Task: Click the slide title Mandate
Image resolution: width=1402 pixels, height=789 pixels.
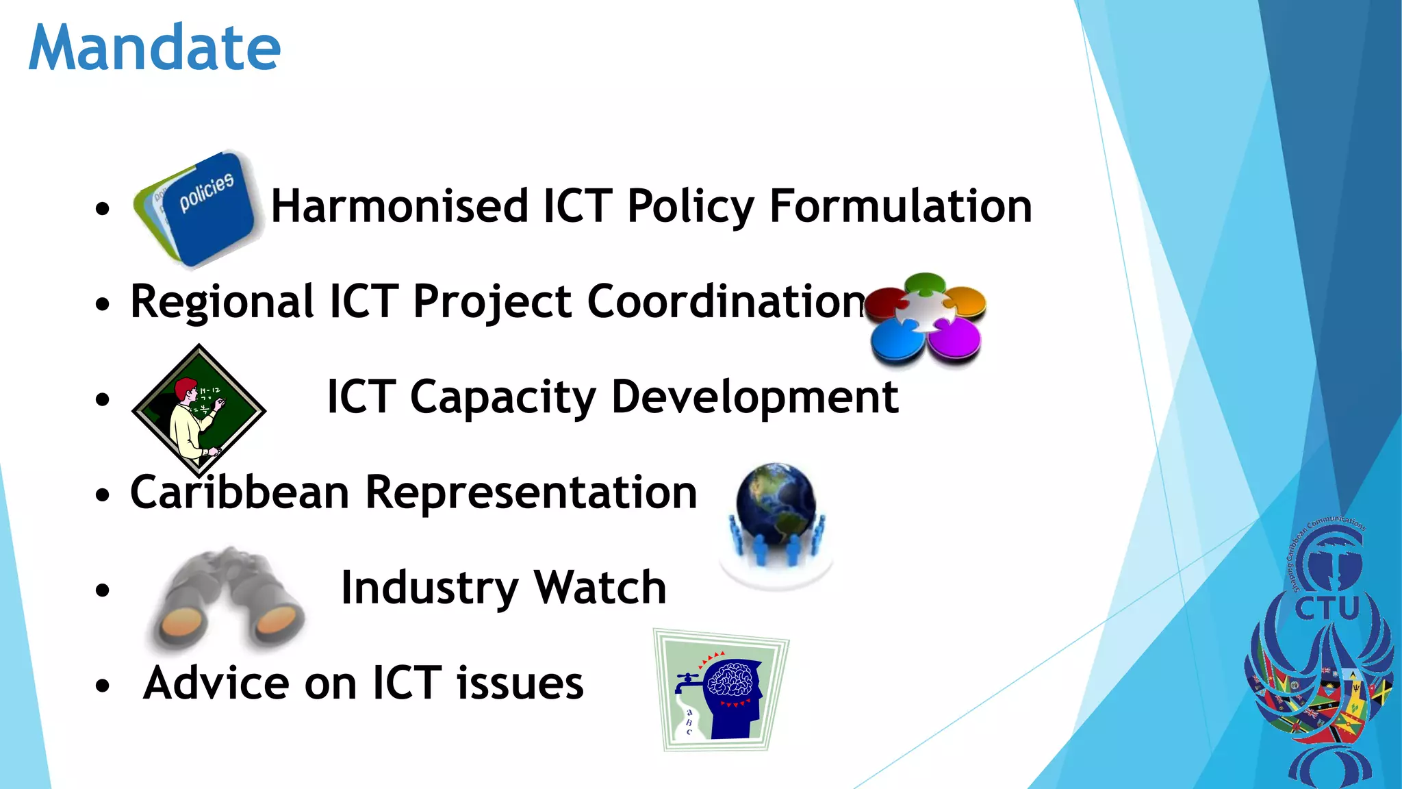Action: coord(155,48)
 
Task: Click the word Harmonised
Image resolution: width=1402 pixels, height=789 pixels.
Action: coord(400,206)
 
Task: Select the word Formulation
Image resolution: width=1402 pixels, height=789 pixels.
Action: coord(901,206)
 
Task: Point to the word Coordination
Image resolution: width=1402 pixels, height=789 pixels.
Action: coord(727,301)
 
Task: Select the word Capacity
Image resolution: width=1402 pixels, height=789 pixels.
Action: coord(502,397)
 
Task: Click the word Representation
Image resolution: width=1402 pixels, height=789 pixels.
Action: coord(531,492)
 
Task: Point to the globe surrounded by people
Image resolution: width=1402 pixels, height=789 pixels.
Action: coord(776,514)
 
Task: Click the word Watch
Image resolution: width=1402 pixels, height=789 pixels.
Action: coord(600,588)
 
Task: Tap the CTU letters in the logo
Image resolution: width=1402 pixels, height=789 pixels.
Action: coord(1326,608)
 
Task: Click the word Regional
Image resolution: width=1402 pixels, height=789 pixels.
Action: coord(222,301)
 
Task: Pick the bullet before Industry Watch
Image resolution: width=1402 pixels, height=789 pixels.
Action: coord(103,589)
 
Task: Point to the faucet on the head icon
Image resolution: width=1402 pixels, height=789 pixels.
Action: coord(687,681)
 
